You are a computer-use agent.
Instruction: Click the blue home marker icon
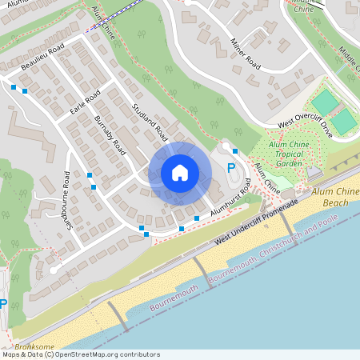pyautogui.click(x=180, y=172)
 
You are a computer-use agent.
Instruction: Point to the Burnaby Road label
pyautogui.click(x=110, y=134)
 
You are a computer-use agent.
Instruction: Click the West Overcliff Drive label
pyautogui.click(x=305, y=125)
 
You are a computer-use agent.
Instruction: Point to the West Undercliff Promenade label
pyautogui.click(x=257, y=223)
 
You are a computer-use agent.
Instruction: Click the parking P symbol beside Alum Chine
pyautogui.click(x=231, y=168)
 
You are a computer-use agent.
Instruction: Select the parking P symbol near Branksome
pyautogui.click(x=3, y=304)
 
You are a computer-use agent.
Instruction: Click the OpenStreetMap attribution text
pyautogui.click(x=80, y=354)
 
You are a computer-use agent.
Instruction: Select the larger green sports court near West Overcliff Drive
pyautogui.click(x=325, y=102)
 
